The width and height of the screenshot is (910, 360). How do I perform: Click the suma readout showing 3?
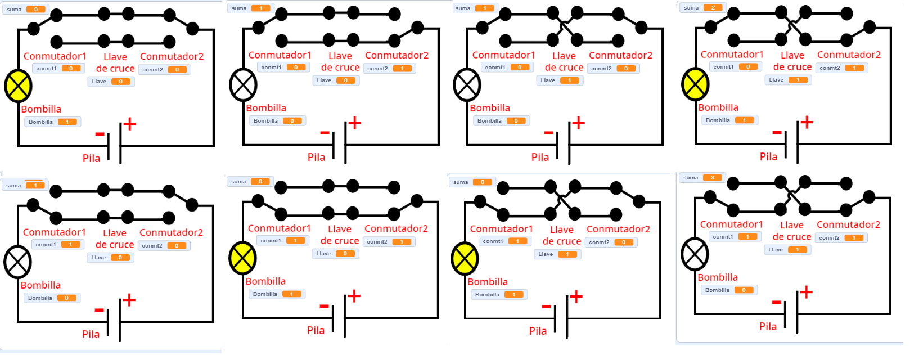tap(701, 178)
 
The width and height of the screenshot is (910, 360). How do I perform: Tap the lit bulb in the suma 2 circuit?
tap(695, 84)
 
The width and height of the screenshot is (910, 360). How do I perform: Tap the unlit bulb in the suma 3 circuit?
tap(695, 254)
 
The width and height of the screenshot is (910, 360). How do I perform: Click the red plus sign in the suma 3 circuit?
tap(806, 292)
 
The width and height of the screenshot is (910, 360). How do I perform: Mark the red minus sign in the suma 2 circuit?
tap(777, 133)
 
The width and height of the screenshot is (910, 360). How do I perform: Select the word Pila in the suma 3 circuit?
tap(768, 327)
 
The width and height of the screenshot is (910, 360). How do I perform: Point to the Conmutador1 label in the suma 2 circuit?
tap(732, 55)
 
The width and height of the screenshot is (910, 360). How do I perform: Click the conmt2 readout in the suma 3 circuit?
tap(841, 238)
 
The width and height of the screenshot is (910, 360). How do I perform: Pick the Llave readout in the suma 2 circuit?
tap(788, 80)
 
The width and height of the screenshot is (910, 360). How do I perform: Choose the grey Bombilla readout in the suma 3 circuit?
tap(729, 290)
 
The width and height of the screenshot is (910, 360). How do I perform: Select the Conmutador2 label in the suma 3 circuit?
tap(848, 224)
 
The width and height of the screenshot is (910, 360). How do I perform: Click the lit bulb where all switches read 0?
tap(18, 86)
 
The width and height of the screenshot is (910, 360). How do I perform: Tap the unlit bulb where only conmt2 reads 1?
tap(243, 85)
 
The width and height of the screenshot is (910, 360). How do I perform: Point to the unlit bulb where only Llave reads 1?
tap(467, 85)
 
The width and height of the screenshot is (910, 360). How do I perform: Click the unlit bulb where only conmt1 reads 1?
tap(17, 262)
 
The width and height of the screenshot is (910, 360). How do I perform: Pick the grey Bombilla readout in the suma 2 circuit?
tap(729, 120)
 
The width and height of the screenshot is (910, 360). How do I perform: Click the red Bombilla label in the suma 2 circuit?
tap(718, 107)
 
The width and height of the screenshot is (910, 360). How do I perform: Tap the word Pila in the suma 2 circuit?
tap(768, 157)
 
